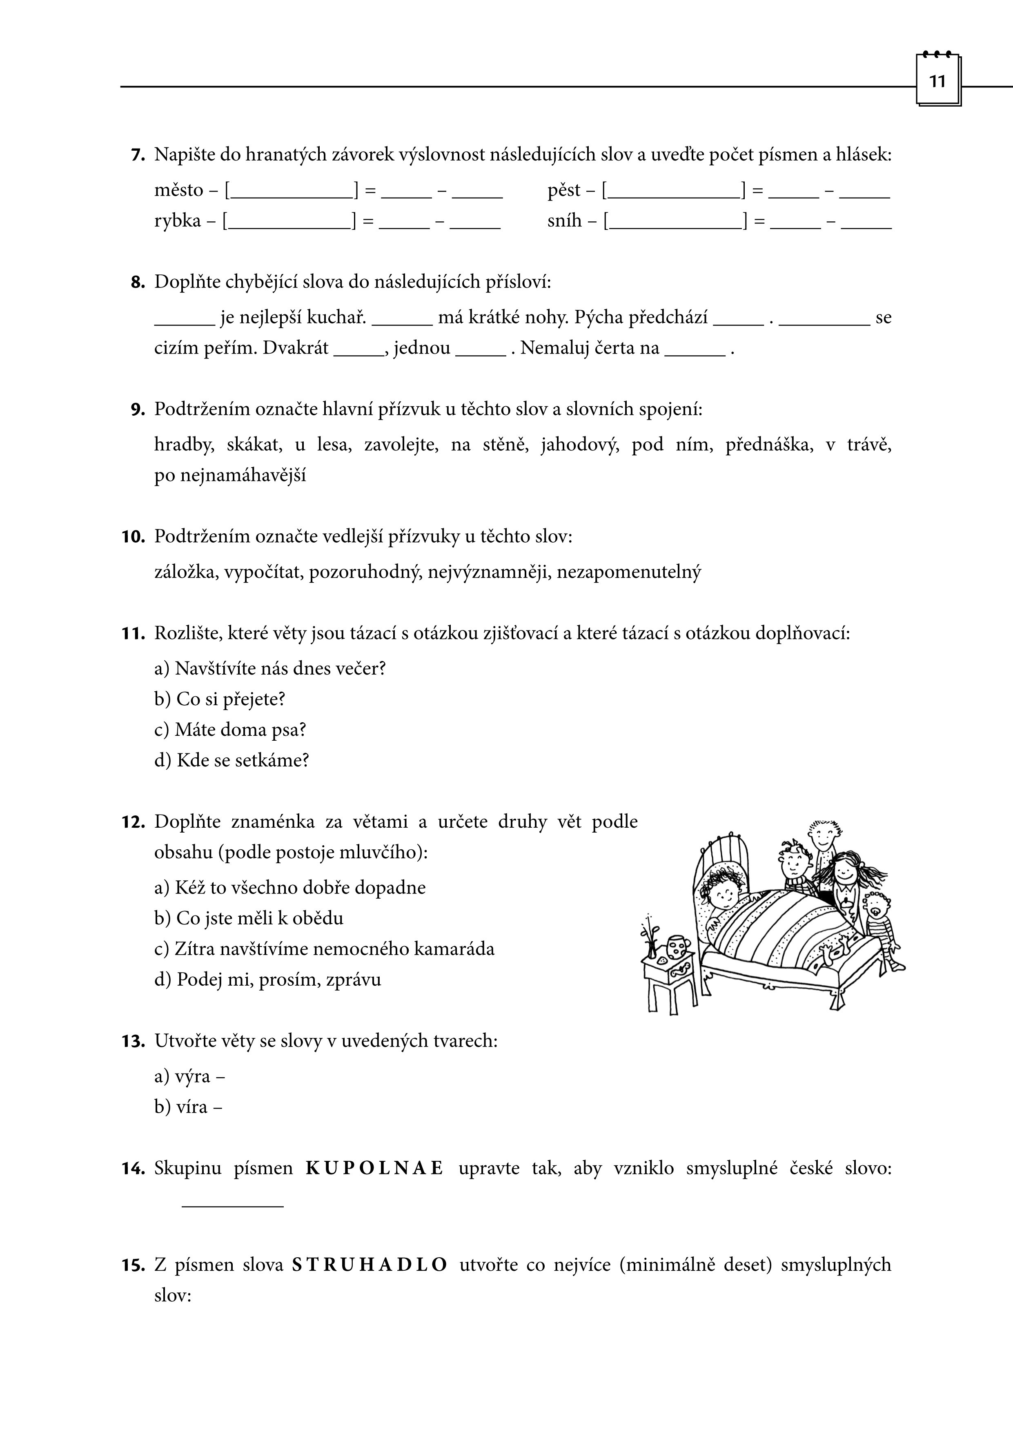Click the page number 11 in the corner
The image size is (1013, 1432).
[937, 82]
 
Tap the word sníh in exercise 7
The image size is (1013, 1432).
[565, 221]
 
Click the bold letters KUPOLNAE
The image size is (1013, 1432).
[374, 1168]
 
